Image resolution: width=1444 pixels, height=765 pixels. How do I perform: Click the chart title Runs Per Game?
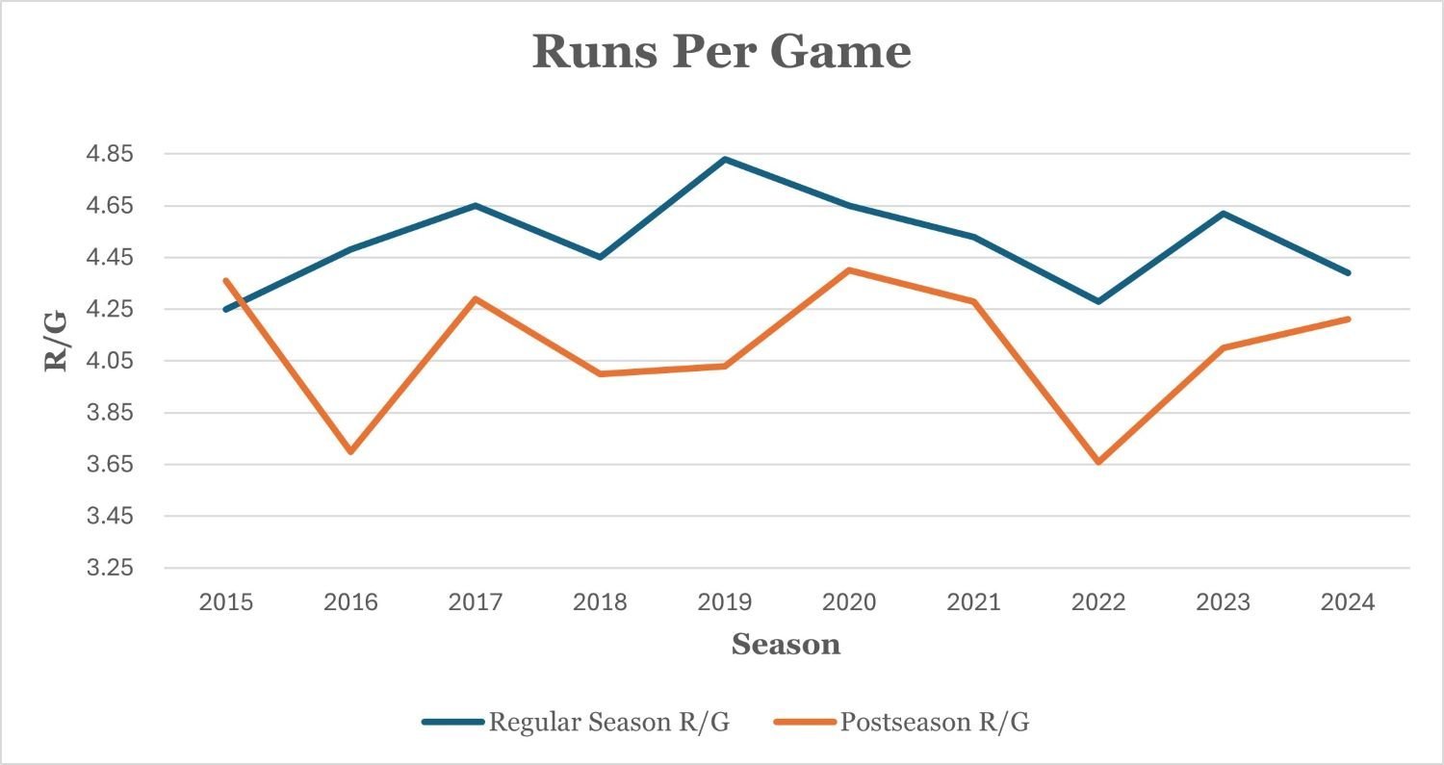(x=721, y=51)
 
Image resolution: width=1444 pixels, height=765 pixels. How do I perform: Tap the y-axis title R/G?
(x=56, y=341)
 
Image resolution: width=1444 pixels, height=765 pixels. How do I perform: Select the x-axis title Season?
(x=786, y=644)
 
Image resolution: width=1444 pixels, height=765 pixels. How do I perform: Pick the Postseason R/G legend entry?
(x=934, y=723)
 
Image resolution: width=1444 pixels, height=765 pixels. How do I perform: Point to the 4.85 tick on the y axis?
(x=112, y=154)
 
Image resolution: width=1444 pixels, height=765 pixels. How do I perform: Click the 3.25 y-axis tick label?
(x=112, y=568)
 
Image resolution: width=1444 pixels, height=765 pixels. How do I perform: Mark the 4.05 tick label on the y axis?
(x=112, y=361)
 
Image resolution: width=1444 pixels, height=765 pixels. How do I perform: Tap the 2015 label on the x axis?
(x=226, y=602)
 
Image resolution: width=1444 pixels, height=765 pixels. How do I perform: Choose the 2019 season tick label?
(x=725, y=602)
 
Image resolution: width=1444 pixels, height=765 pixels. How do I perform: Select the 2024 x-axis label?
(x=1349, y=602)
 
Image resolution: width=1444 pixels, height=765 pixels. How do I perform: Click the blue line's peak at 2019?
(x=725, y=159)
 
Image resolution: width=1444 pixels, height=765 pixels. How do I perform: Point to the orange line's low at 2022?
(x=1098, y=462)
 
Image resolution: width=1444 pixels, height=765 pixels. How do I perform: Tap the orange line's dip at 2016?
(x=351, y=451)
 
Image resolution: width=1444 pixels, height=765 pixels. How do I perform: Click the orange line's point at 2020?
(x=849, y=270)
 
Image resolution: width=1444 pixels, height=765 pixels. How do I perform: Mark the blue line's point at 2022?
(x=1098, y=301)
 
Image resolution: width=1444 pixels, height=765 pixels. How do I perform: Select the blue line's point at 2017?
(x=476, y=205)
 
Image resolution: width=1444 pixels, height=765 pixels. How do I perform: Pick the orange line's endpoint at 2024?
(x=1349, y=319)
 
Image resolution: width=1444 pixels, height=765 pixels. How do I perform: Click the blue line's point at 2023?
(x=1224, y=213)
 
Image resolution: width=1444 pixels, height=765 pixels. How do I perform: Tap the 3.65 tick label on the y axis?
(x=112, y=465)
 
